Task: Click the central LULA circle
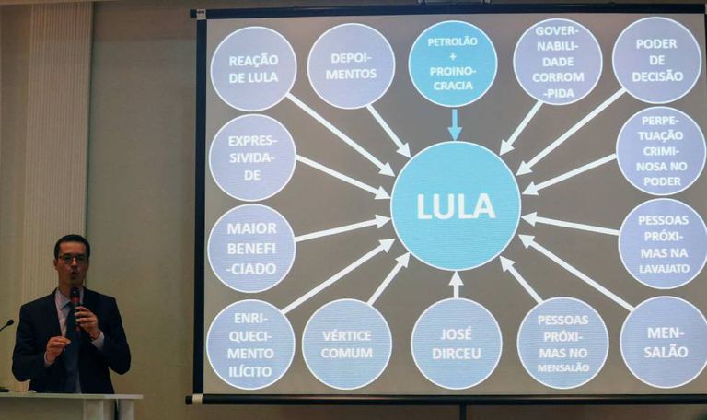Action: click(x=456, y=205)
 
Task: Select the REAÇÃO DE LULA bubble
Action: click(x=253, y=68)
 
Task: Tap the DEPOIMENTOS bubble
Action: click(x=351, y=65)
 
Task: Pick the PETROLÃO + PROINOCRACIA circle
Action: click(x=452, y=63)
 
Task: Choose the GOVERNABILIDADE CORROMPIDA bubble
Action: click(x=557, y=62)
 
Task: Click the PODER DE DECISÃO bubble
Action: click(x=656, y=60)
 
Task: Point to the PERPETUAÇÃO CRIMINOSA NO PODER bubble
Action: click(x=660, y=150)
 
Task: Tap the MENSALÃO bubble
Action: click(x=663, y=342)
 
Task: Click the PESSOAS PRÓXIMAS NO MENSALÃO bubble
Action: click(x=562, y=343)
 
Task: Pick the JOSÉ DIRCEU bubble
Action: click(x=456, y=344)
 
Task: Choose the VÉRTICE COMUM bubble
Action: click(x=347, y=344)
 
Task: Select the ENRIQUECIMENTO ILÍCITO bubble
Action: click(x=250, y=344)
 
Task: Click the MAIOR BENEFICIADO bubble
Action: click(x=251, y=248)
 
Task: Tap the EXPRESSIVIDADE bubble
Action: click(x=252, y=157)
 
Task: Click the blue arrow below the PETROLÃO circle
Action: click(x=454, y=125)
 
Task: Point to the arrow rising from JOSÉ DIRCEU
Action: click(x=456, y=284)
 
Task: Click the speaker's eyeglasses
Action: click(x=72, y=259)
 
